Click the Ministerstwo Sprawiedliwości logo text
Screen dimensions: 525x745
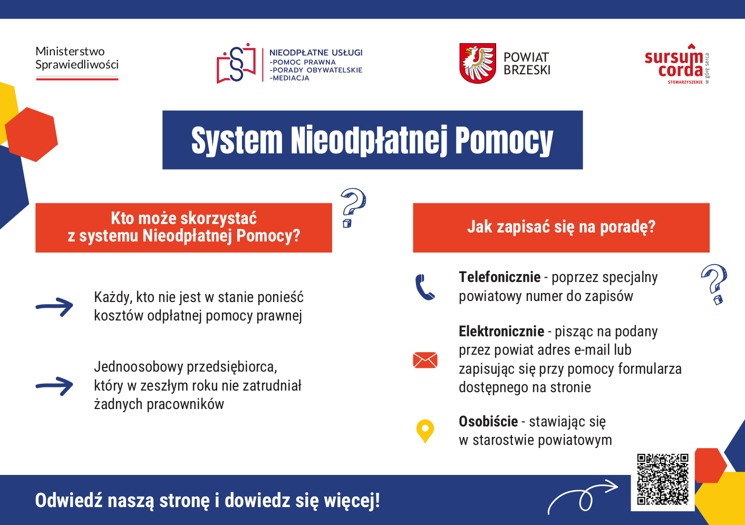(x=77, y=59)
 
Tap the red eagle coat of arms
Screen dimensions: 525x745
(x=478, y=64)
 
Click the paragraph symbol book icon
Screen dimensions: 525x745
(x=236, y=64)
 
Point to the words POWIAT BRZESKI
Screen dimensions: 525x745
(x=527, y=64)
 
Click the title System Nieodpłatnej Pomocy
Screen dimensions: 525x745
(x=372, y=140)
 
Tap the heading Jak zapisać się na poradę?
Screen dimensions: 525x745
(x=561, y=227)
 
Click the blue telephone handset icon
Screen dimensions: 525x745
(x=425, y=287)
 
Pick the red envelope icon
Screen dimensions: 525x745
(x=425, y=360)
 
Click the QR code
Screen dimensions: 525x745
(x=663, y=479)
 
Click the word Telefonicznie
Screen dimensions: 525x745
(x=499, y=277)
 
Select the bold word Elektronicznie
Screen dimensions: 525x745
(x=501, y=332)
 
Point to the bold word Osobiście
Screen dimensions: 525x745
(x=488, y=422)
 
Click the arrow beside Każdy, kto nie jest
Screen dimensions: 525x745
(x=55, y=307)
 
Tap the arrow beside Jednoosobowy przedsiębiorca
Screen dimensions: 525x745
(x=55, y=386)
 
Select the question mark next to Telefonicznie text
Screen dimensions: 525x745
(x=714, y=284)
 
